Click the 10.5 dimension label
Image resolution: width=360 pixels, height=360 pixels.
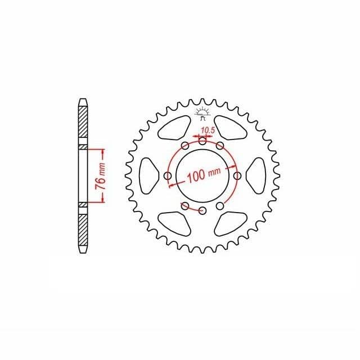click(x=208, y=130)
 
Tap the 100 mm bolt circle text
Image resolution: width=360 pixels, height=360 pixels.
click(x=204, y=175)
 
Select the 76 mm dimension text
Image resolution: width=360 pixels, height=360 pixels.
click(x=101, y=176)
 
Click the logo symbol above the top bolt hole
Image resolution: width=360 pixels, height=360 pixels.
click(x=202, y=114)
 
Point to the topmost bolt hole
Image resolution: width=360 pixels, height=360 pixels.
click(x=202, y=141)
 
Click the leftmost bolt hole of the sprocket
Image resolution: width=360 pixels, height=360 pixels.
click(x=168, y=176)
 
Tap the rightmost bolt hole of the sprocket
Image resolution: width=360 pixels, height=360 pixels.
click(x=237, y=176)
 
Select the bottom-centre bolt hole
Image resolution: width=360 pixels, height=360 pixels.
click(x=202, y=210)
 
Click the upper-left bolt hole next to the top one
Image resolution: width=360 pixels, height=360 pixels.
click(x=185, y=146)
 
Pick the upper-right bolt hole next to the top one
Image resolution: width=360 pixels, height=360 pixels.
click(x=220, y=146)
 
